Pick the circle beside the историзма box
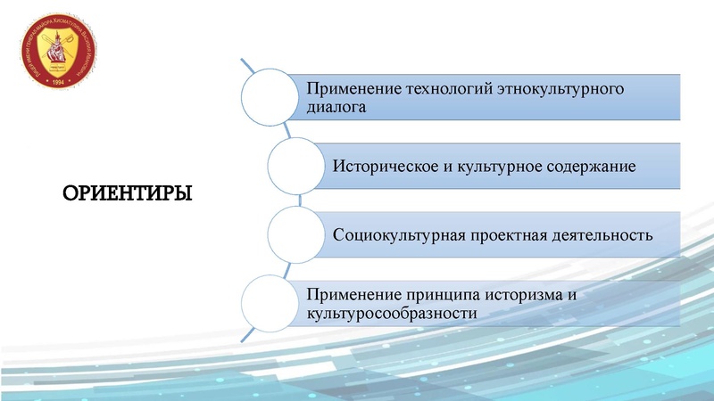[x=271, y=303]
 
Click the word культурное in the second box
[x=487, y=166]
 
